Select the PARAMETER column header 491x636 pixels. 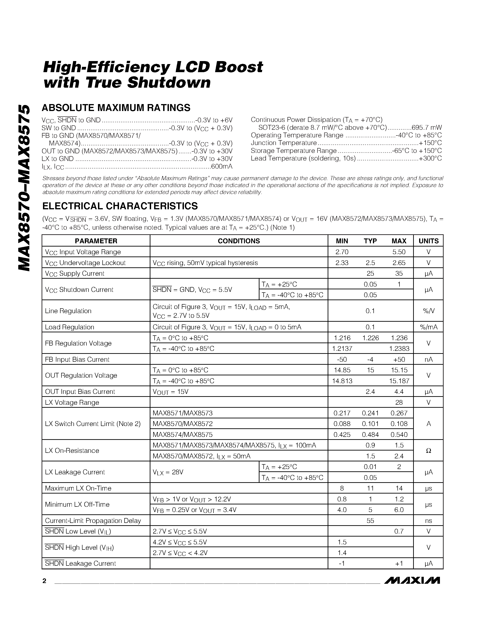tap(96, 241)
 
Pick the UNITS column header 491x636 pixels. tap(428, 241)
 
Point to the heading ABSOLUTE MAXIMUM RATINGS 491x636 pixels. tap(116, 108)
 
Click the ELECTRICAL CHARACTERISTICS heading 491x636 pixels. tap(120, 206)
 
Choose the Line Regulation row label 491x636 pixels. tap(68, 311)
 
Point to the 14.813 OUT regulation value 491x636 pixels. tap(343, 381)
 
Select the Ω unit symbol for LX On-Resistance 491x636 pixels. tap(428, 451)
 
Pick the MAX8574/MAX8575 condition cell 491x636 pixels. tap(182, 435)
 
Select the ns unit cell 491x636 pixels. tap(428, 521)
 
